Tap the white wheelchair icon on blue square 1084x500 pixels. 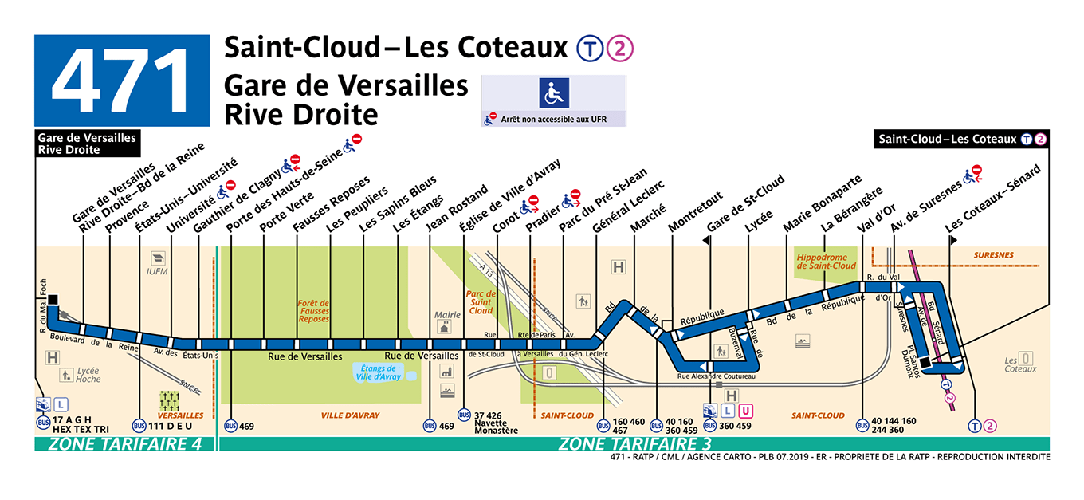point(554,93)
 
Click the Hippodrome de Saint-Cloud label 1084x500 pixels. point(825,262)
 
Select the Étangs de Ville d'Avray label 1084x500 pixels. point(379,372)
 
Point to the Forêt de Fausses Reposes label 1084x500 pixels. point(313,311)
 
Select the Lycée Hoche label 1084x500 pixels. point(88,375)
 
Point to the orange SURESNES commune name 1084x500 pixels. point(992,255)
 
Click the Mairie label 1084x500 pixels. point(447,314)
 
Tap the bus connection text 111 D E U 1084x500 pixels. point(171,426)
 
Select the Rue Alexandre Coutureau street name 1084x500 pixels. point(716,376)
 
